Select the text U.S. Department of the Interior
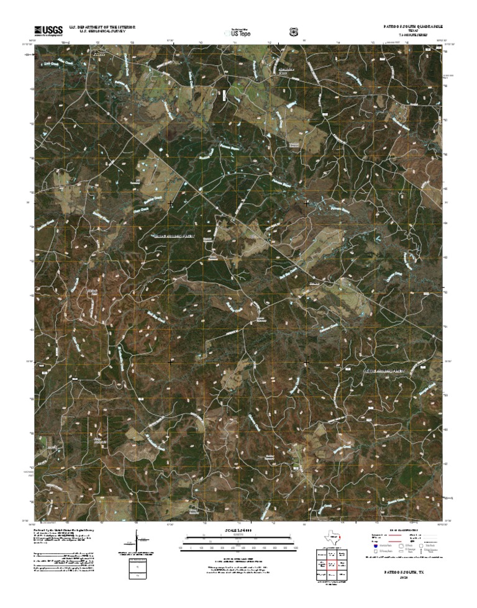pyautogui.click(x=102, y=27)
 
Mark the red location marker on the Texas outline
pyautogui.click(x=339, y=536)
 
